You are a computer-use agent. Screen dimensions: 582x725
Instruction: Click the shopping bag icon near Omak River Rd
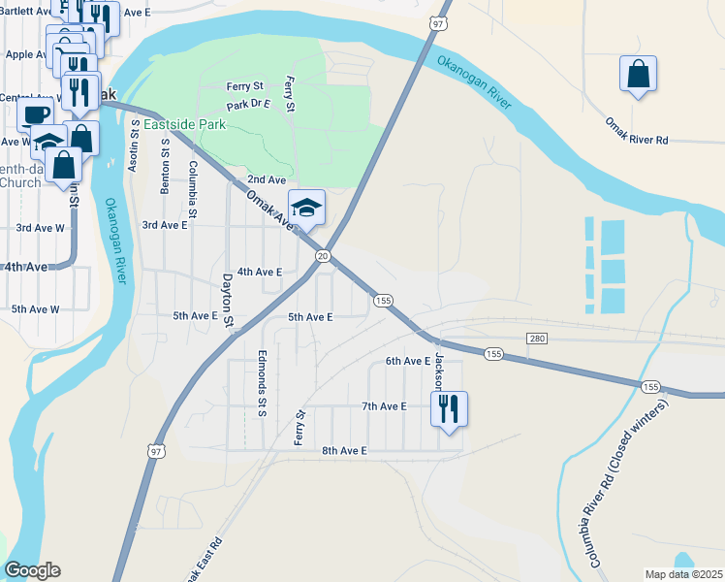pos(638,74)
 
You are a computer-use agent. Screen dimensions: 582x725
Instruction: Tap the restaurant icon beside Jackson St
pos(449,409)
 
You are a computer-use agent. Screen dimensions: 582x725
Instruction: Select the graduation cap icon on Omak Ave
pos(306,208)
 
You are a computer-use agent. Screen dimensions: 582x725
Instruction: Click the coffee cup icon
pos(37,114)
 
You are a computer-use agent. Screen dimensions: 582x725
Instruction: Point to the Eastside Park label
pos(184,125)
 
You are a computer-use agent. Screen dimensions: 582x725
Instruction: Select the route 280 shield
pos(538,338)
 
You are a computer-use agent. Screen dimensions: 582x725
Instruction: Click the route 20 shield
pos(324,255)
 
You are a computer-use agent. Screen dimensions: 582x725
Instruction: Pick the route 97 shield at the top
pos(439,22)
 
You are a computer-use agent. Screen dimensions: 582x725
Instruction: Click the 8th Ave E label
pos(345,451)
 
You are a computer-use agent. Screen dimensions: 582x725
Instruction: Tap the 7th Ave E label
pos(384,406)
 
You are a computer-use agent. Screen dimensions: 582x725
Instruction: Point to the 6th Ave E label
pos(407,361)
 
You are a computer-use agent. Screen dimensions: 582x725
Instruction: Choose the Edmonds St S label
pos(262,382)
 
